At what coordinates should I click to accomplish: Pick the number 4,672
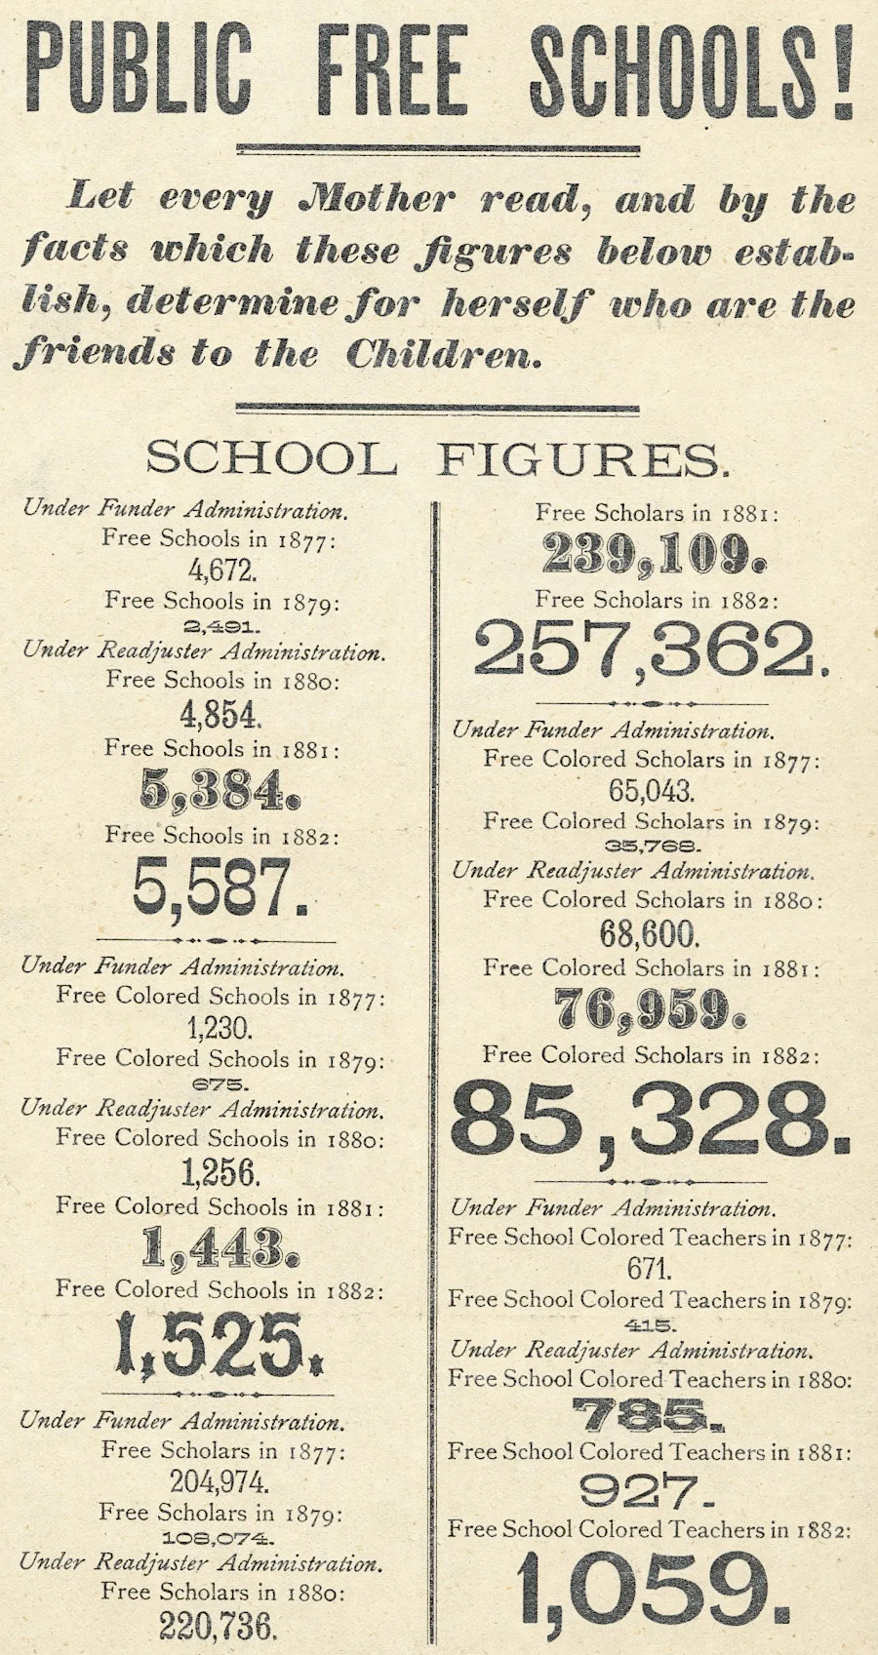tap(221, 569)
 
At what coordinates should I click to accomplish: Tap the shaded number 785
tap(648, 1413)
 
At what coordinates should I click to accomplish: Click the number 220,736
tap(219, 1626)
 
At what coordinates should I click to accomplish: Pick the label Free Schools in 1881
tap(221, 749)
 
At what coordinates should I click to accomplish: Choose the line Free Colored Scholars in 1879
tap(651, 822)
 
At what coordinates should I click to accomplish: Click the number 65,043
tap(650, 790)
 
